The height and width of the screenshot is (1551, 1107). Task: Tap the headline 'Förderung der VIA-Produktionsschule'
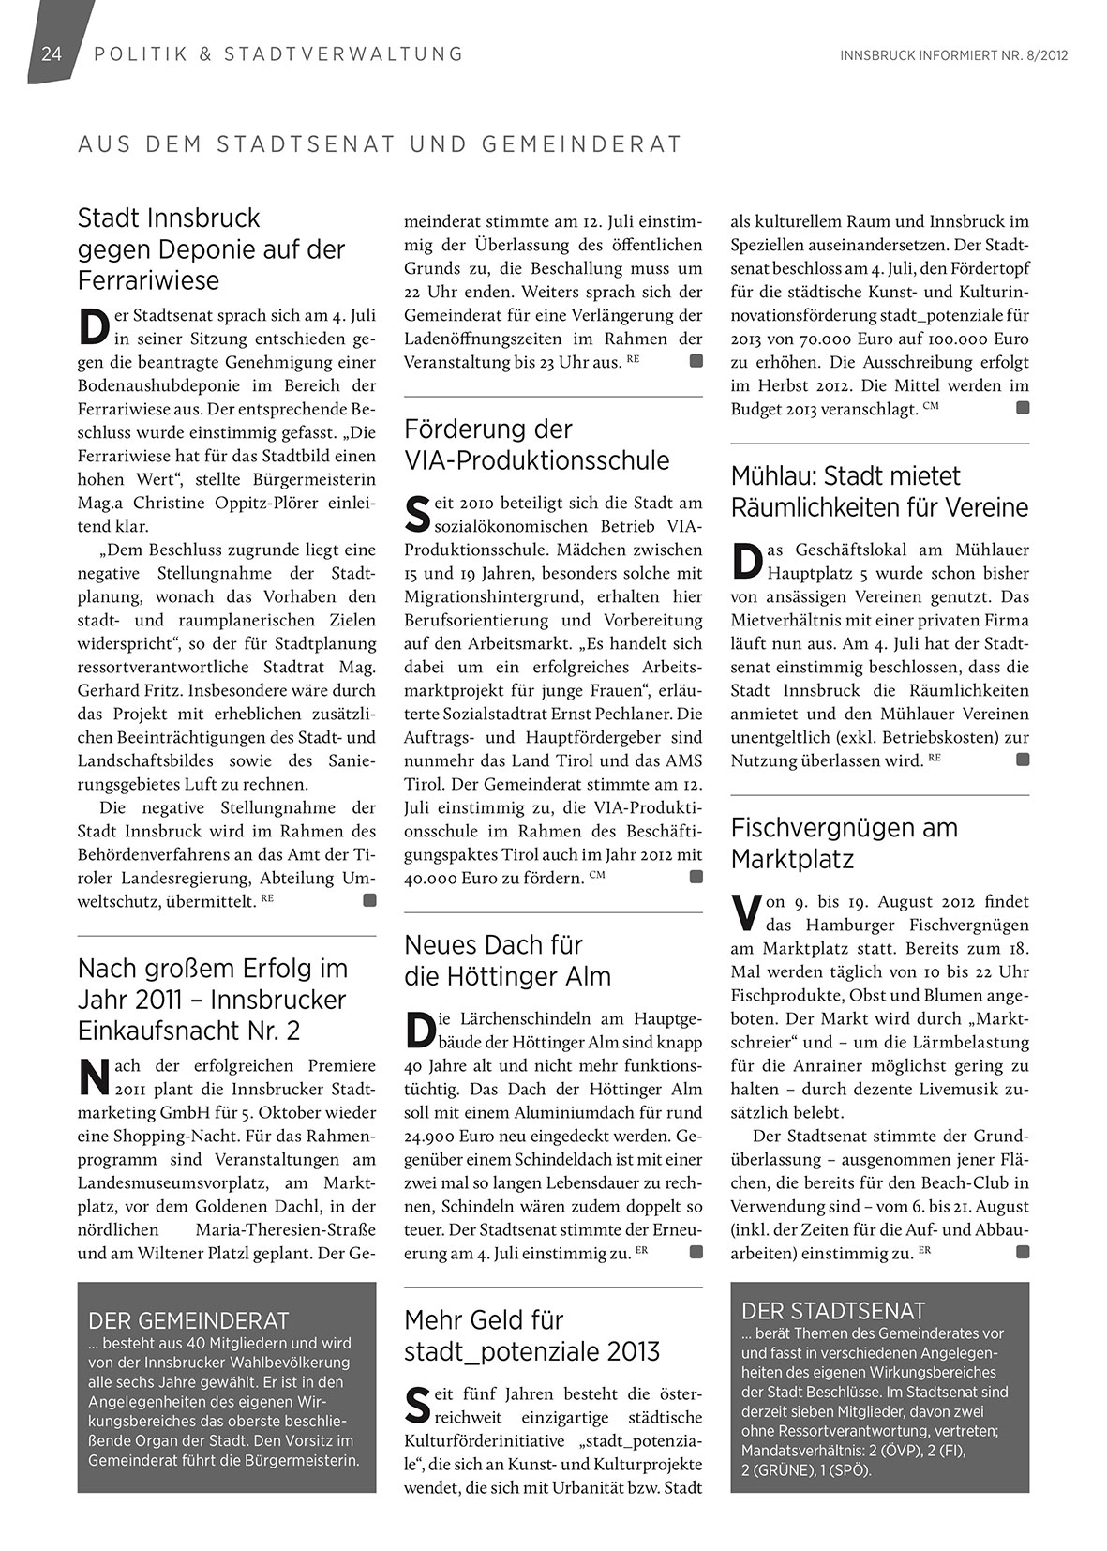tap(536, 444)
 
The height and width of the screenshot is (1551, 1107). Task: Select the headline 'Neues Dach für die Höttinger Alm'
tap(507, 960)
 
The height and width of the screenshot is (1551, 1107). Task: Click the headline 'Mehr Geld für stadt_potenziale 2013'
tap(531, 1335)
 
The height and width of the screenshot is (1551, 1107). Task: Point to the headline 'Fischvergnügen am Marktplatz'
tap(844, 843)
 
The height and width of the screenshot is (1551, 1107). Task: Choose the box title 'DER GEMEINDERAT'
tap(188, 1321)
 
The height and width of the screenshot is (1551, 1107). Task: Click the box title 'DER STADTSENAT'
tap(833, 1310)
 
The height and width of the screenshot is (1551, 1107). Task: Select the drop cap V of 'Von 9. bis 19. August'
tap(743, 911)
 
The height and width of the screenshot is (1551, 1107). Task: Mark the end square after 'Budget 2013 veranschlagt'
tap(1023, 408)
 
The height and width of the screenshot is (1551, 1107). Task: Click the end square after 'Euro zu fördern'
tap(696, 877)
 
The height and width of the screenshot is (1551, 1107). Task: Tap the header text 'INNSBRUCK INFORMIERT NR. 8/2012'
tap(954, 55)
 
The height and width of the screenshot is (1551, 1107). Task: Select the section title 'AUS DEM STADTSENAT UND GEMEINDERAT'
tap(380, 145)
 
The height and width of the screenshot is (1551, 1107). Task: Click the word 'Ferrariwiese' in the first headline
tap(148, 280)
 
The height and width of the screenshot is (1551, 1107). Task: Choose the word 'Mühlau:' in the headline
tap(770, 476)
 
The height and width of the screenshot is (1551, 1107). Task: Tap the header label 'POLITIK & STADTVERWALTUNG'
tap(278, 54)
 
